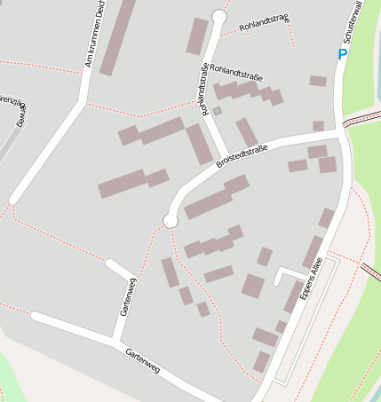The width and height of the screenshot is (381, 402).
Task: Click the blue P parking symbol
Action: [x=343, y=55]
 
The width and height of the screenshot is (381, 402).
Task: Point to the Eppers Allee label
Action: [x=307, y=283]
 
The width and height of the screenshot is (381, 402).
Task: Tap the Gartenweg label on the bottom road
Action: [x=143, y=358]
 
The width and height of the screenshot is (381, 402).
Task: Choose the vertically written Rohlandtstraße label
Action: [x=205, y=88]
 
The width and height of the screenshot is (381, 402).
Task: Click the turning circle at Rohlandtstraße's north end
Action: [x=219, y=17]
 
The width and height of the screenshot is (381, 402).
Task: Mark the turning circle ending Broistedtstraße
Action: [x=171, y=220]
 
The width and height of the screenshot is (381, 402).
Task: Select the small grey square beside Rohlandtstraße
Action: [x=217, y=111]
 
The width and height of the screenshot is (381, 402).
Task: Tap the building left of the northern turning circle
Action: [x=196, y=35]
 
